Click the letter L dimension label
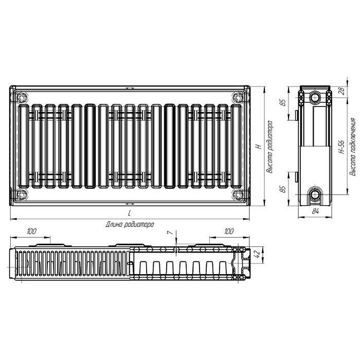tap(130, 213)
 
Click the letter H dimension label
tap(259, 146)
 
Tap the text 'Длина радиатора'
tap(130, 224)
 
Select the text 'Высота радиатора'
tap(269, 147)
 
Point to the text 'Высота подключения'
tap(352, 147)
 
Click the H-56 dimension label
tap(341, 147)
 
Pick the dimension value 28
tap(342, 91)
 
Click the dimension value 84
tap(315, 211)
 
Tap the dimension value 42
tap(257, 254)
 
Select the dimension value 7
tap(170, 232)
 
